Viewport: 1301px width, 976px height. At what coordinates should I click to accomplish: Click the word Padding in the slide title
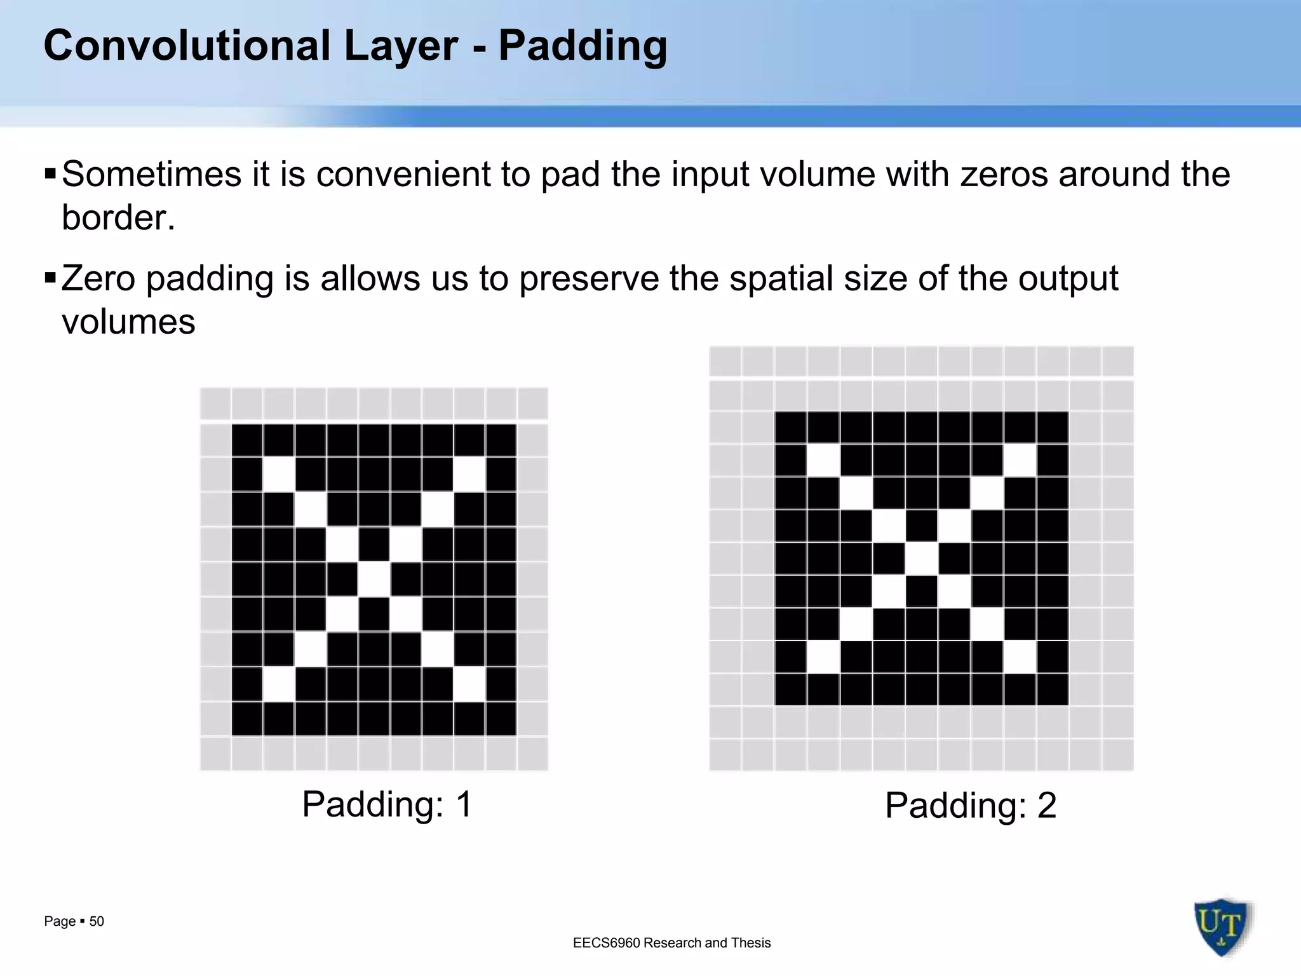pyautogui.click(x=583, y=46)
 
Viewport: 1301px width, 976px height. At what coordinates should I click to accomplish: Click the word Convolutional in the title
pyautogui.click(x=187, y=46)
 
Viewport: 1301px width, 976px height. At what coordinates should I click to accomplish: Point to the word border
pyautogui.click(x=118, y=218)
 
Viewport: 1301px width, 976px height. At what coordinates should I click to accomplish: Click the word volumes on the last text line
pyautogui.click(x=128, y=322)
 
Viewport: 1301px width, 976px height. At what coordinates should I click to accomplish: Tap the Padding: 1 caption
pyautogui.click(x=388, y=804)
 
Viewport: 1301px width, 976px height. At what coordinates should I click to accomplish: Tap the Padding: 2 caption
pyautogui.click(x=970, y=805)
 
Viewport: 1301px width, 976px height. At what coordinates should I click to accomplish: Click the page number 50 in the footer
pyautogui.click(x=97, y=921)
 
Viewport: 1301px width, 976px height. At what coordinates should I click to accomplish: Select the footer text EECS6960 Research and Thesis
pyautogui.click(x=671, y=943)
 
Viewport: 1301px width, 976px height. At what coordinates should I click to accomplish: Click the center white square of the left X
pyautogui.click(x=374, y=579)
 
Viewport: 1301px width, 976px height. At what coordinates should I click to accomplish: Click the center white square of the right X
pyautogui.click(x=921, y=559)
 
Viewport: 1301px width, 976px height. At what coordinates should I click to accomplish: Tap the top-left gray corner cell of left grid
pyautogui.click(x=215, y=403)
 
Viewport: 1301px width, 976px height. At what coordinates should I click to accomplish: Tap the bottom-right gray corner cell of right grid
pyautogui.click(x=1117, y=754)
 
